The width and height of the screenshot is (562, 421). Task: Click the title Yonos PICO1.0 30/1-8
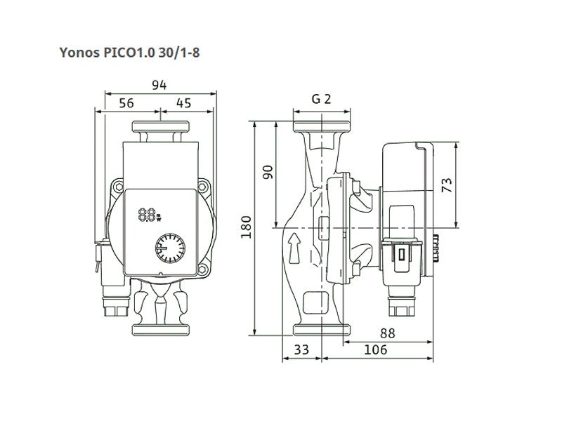pyautogui.click(x=129, y=53)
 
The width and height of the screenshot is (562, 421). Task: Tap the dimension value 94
pyautogui.click(x=159, y=85)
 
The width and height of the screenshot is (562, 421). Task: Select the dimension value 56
pyautogui.click(x=126, y=103)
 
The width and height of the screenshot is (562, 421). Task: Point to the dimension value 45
pyautogui.click(x=183, y=103)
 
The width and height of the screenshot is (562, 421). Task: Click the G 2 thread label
pyautogui.click(x=321, y=99)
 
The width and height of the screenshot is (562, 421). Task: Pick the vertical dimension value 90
pyautogui.click(x=268, y=172)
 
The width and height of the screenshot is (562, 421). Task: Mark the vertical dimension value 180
pyautogui.click(x=246, y=227)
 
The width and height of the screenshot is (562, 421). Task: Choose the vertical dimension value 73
pyautogui.click(x=447, y=185)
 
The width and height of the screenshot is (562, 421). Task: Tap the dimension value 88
pyautogui.click(x=388, y=333)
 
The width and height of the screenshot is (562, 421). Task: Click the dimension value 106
pyautogui.click(x=376, y=349)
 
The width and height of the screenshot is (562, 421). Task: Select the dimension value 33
pyautogui.click(x=301, y=349)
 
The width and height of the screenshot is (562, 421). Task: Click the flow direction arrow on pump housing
pyautogui.click(x=294, y=248)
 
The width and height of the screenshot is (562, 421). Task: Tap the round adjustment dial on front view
pyautogui.click(x=170, y=248)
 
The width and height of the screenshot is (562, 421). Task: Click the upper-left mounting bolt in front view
pyautogui.click(x=118, y=187)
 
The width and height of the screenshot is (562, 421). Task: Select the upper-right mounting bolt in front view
pyautogui.click(x=202, y=186)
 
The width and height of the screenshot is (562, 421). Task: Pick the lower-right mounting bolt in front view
pyautogui.click(x=202, y=269)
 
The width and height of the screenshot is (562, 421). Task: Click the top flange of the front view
pyautogui.click(x=161, y=126)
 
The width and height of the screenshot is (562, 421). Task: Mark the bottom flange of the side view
pyautogui.click(x=322, y=330)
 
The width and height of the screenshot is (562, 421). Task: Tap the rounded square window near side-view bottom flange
pyautogui.click(x=316, y=303)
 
